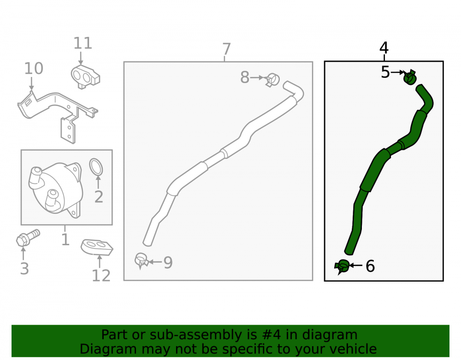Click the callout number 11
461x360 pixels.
(x=83, y=43)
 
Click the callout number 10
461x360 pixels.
(x=34, y=69)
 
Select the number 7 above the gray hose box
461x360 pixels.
(x=226, y=49)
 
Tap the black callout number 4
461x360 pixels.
(x=384, y=47)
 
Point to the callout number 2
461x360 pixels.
(x=99, y=197)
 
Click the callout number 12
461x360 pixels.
(x=101, y=276)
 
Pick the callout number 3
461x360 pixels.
(x=24, y=269)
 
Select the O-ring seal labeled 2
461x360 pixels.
(x=96, y=167)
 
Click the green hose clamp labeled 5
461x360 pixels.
(x=410, y=77)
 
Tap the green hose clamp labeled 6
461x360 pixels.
(x=342, y=266)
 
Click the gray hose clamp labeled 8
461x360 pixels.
(x=273, y=80)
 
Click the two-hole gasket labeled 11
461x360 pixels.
(x=85, y=77)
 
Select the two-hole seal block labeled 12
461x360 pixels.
(x=97, y=248)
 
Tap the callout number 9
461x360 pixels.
(x=168, y=262)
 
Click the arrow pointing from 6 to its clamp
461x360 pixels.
(x=356, y=266)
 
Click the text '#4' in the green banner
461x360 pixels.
(x=271, y=335)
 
